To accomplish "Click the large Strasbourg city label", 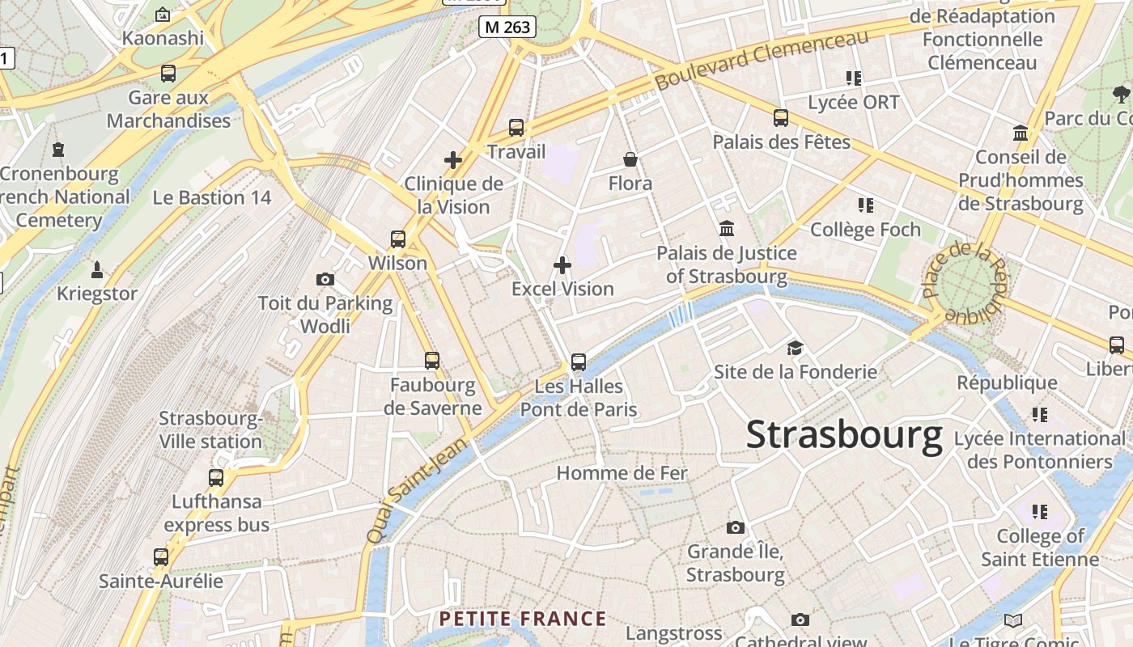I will point(844,435).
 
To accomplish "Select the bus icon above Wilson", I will point(397,239).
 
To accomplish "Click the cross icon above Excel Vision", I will point(562,265).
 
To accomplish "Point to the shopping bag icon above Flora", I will point(630,159).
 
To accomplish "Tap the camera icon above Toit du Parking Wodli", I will point(325,280).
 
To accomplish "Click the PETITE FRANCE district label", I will point(522,620).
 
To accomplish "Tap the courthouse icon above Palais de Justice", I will point(727,229).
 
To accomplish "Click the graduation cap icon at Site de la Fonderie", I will point(795,349).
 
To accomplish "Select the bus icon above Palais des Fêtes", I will point(781,118).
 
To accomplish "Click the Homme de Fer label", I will point(622,473).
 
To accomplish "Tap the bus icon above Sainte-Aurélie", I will point(161,557).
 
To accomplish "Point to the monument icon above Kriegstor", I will point(98,269).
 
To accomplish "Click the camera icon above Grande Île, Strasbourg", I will point(735,528).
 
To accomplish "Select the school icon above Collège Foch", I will point(866,205).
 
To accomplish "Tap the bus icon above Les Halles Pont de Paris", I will point(578,362).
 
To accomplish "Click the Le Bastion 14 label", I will point(212,198).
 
